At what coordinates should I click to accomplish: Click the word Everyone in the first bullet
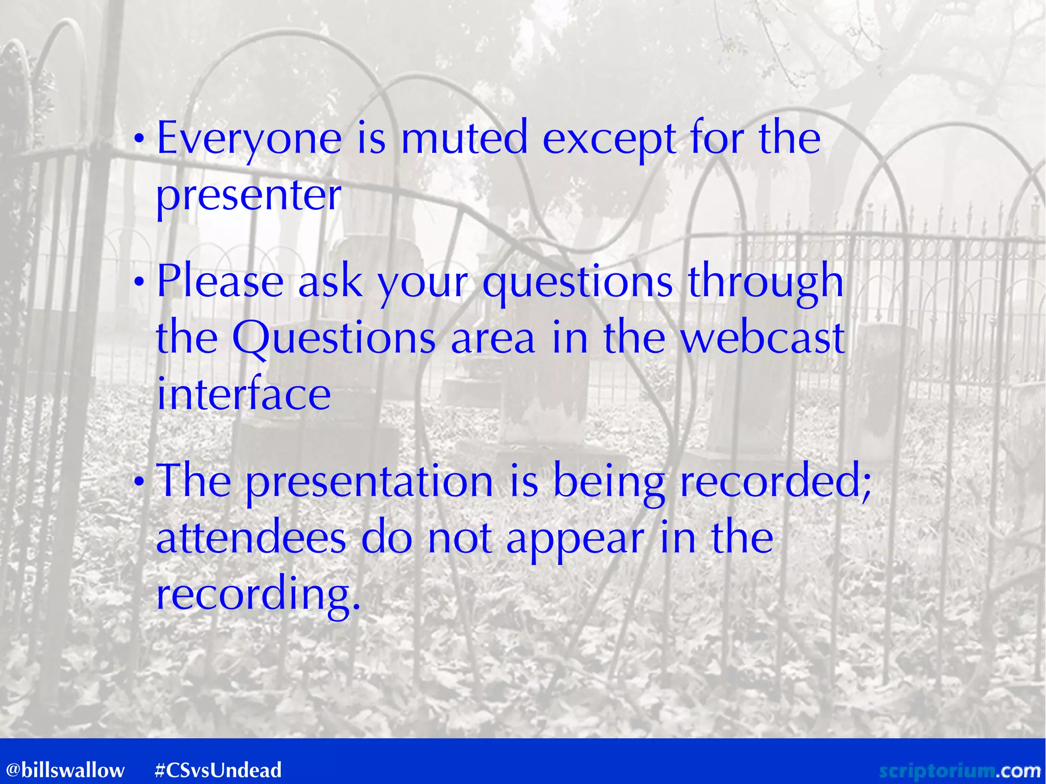[249, 139]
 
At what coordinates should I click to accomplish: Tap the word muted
[464, 138]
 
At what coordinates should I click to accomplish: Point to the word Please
[220, 281]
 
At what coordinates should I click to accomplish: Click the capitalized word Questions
[334, 339]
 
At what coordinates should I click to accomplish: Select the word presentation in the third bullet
[369, 483]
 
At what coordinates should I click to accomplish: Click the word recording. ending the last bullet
[258, 596]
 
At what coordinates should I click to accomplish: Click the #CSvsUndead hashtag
[218, 770]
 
